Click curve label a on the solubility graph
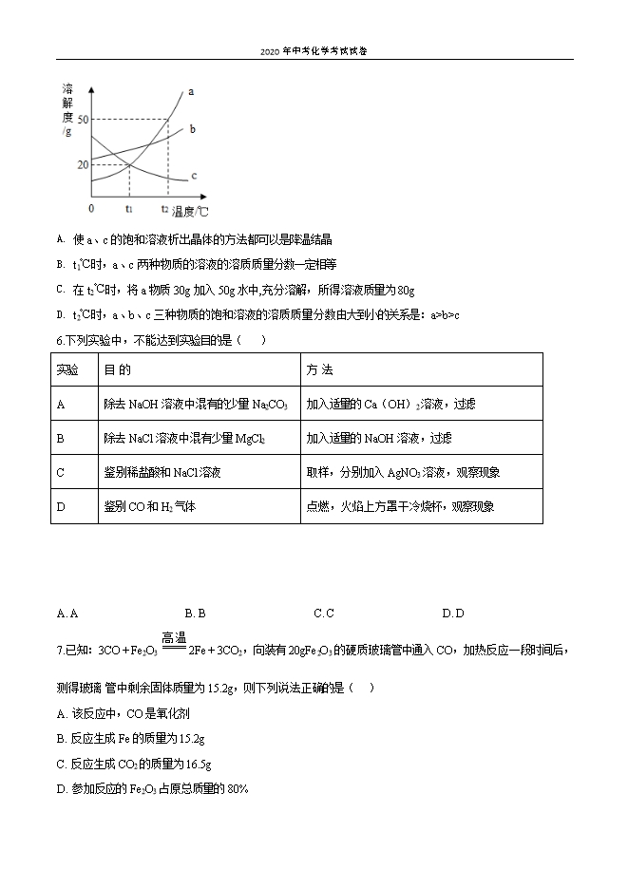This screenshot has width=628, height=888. point(191,92)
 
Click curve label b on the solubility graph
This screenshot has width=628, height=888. point(192,128)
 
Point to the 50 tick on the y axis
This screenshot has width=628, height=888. point(83,120)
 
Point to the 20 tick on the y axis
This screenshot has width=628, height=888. point(83,164)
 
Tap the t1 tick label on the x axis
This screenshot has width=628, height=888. point(128,208)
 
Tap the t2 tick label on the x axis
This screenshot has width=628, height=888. point(164,208)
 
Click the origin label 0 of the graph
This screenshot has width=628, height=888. point(91,208)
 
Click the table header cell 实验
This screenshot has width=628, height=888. point(67,369)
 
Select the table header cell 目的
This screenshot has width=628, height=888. point(117,369)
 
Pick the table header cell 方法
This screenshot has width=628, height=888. point(320,369)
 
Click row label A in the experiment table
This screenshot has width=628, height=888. point(61,404)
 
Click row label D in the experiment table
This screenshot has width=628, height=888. point(61,506)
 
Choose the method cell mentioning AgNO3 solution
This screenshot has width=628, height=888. point(403,472)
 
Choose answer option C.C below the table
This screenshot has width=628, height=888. point(324,614)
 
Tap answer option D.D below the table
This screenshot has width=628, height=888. point(453,614)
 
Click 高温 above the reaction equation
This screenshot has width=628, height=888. point(174,638)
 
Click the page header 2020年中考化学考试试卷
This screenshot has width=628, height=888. point(314,51)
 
